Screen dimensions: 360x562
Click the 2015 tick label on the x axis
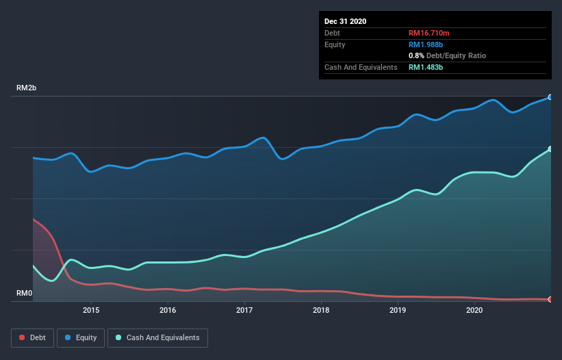click(x=91, y=310)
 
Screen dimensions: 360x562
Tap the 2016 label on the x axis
click(x=168, y=310)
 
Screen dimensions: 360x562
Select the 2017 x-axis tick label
click(x=244, y=310)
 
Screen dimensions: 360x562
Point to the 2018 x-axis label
click(x=321, y=310)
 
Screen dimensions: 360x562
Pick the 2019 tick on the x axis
click(x=398, y=310)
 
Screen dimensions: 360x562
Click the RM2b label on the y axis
click(x=27, y=88)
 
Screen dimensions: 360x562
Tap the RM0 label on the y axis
click(x=24, y=294)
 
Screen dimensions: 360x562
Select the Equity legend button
click(x=81, y=337)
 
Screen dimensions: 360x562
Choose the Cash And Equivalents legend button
click(x=157, y=337)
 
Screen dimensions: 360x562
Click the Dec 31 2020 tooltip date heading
click(x=345, y=21)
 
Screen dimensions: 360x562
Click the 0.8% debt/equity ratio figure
click(x=416, y=55)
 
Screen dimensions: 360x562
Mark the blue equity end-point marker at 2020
click(x=550, y=97)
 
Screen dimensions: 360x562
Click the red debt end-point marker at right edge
click(x=550, y=299)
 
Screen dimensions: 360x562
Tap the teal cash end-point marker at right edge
click(x=550, y=149)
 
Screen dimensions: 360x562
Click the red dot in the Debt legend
click(x=22, y=338)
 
